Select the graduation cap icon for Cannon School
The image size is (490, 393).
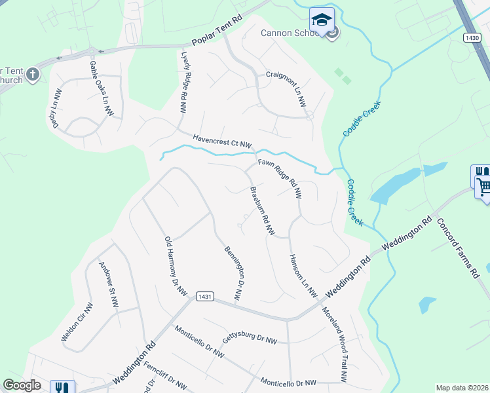pyautogui.click(x=322, y=20)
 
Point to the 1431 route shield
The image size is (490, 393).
pyautogui.click(x=204, y=297)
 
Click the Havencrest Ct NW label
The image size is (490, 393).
pyautogui.click(x=222, y=141)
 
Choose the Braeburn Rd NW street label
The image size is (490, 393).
pyautogui.click(x=261, y=212)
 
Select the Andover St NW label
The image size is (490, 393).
pyautogui.click(x=107, y=286)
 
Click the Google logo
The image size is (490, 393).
pyautogui.click(x=22, y=385)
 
